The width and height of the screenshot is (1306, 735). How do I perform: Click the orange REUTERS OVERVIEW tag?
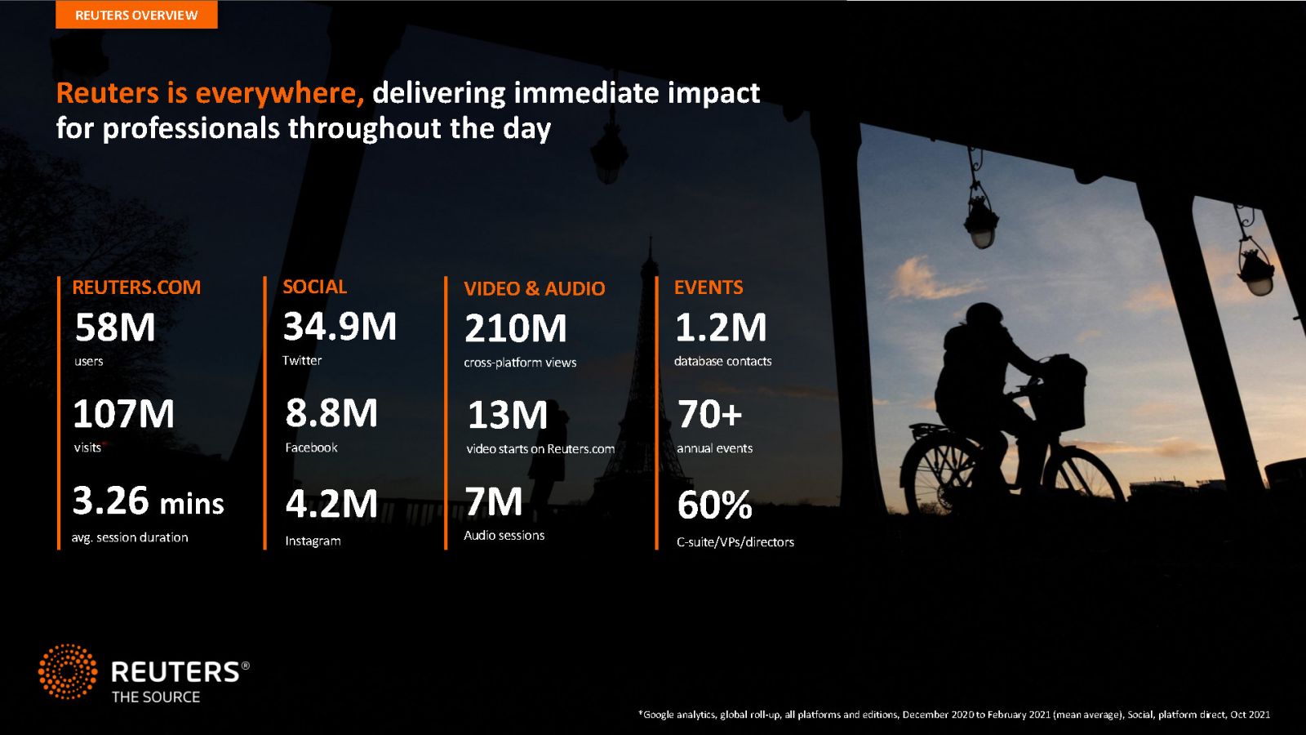[x=136, y=15]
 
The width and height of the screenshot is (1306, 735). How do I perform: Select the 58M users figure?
[x=115, y=327]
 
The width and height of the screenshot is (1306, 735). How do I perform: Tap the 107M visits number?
[x=123, y=414]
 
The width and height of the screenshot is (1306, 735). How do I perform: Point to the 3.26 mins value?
[x=148, y=501]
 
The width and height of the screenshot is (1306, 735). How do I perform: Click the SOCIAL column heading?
[x=315, y=287]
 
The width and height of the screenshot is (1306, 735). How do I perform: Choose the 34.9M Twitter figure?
[x=340, y=326]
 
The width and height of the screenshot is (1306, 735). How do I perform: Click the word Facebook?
[x=311, y=448]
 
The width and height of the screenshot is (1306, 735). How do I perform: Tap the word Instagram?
[x=313, y=541]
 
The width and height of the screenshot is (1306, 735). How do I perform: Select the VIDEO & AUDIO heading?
[x=535, y=288]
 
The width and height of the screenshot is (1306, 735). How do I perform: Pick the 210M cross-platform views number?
[x=515, y=328]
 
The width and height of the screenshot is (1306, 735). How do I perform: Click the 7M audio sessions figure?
[x=493, y=501]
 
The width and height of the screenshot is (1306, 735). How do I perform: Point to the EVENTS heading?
[x=709, y=287]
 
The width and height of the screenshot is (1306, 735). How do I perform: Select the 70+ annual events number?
[x=709, y=414]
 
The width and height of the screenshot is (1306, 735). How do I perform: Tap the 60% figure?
[x=715, y=506]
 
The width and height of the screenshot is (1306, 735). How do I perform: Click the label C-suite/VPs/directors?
[x=735, y=542]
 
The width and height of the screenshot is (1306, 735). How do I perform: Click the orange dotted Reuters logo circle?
[x=68, y=671]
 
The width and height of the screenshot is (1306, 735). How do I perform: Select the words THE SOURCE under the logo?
[x=156, y=697]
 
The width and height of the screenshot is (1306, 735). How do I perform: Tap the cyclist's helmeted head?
[x=984, y=318]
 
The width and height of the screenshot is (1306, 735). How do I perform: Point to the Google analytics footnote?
[x=954, y=714]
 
